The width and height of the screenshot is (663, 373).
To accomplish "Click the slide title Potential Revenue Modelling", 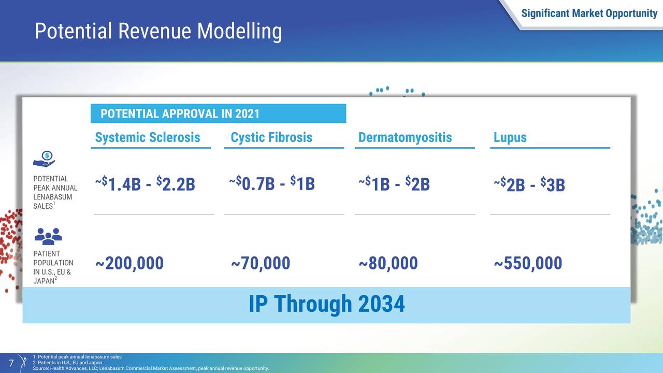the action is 158,32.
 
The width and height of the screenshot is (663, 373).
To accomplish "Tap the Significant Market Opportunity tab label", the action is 589,13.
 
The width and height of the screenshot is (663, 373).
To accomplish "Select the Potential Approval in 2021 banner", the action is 218,113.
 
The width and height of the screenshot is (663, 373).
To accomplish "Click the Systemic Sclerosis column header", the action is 148,137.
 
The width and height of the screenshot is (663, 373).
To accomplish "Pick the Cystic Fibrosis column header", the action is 271,137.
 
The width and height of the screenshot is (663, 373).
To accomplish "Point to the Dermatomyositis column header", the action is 405,137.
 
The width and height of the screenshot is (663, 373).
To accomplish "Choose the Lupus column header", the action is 510,137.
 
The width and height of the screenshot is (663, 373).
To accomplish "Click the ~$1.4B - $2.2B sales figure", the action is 145,184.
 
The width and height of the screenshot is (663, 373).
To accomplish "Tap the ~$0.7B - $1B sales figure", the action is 272,183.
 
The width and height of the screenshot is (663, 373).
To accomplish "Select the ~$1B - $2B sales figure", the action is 394,183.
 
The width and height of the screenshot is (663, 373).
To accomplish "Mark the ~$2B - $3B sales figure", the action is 529,184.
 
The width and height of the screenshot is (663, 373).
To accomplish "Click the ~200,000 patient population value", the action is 129,263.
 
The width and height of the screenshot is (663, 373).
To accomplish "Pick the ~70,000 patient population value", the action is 261,263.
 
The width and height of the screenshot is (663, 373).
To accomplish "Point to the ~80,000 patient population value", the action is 388,263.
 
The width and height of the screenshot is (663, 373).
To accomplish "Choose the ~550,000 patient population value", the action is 528,263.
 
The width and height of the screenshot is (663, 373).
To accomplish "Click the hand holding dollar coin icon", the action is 44,159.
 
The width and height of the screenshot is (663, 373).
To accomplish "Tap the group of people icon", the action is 48,236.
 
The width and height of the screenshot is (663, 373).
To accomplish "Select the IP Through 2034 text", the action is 326,304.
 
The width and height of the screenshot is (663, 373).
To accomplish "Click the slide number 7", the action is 11,363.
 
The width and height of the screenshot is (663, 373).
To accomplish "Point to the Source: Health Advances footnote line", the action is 151,368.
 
